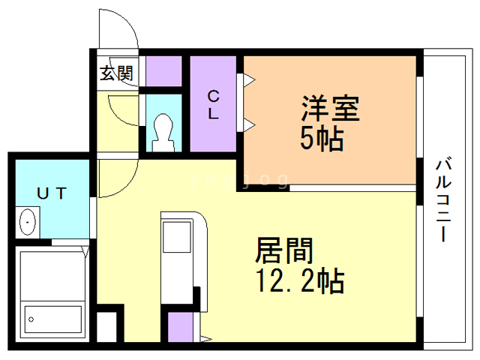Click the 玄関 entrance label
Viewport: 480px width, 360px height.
point(118,73)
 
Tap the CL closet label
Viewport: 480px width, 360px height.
point(214,104)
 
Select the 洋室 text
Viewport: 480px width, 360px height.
point(331,109)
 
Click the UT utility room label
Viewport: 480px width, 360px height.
point(52,193)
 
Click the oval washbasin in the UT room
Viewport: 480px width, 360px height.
point(28,223)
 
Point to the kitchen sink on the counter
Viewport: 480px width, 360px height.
point(178,238)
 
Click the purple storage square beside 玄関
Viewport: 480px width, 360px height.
point(164,70)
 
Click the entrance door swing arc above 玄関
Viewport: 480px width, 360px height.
point(120,30)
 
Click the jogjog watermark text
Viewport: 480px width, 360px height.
point(239,179)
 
